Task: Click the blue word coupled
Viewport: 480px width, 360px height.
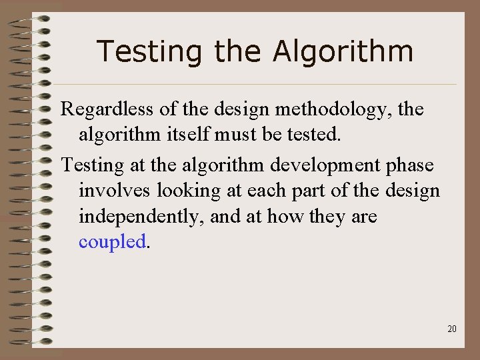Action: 111,242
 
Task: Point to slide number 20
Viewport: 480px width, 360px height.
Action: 452,329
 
